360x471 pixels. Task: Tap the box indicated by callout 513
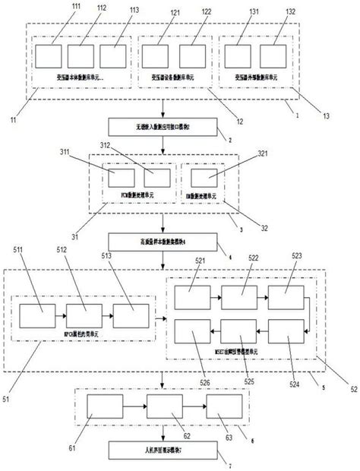tap(131, 315)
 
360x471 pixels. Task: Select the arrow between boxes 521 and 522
tap(214, 298)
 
